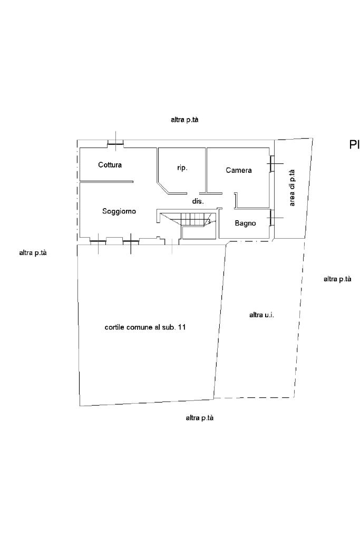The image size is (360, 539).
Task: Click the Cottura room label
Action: tap(110, 165)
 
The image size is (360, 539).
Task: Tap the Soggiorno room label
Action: tap(119, 211)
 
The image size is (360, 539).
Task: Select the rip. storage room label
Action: tap(182, 168)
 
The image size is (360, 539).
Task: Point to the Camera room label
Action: tap(239, 170)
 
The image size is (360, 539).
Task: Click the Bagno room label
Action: tap(245, 223)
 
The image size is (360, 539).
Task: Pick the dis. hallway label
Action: tap(198, 201)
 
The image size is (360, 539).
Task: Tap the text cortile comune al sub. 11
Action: tap(145, 327)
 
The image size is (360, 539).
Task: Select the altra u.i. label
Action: tap(261, 315)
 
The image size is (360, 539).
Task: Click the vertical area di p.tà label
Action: tap(292, 188)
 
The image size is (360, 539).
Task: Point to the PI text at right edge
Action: tap(354, 145)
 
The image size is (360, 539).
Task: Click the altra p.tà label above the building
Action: tap(184, 120)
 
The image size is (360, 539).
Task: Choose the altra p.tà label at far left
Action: tap(33, 253)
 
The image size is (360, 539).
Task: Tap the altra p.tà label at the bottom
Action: tap(200, 418)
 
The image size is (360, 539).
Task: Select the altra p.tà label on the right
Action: tap(337, 279)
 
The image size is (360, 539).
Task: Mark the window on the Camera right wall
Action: tap(271, 163)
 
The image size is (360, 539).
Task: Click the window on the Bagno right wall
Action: tap(271, 218)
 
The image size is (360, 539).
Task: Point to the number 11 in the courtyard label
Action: tap(182, 327)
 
